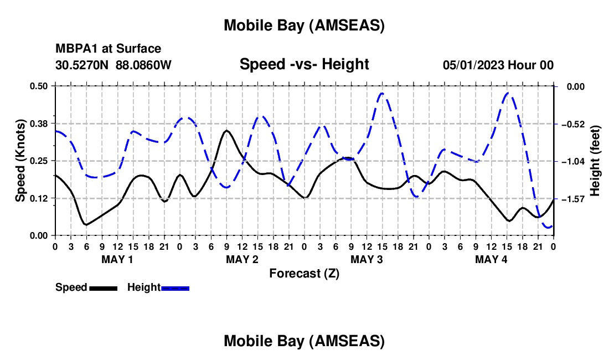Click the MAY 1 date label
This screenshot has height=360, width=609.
[117, 259]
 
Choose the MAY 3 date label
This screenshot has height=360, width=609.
[367, 259]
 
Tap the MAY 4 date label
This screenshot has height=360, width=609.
[491, 259]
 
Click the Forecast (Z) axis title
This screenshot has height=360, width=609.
[304, 273]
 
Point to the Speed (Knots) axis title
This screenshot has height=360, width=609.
[20, 161]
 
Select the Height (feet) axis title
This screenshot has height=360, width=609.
[595, 161]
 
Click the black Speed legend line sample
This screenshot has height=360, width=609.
[103, 288]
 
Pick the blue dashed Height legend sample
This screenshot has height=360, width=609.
[175, 288]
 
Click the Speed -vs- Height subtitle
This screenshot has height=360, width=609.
[304, 64]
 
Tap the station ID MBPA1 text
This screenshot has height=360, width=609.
[74, 49]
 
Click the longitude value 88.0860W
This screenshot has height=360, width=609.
[143, 65]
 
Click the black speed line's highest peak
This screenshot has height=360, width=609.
[226, 131]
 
